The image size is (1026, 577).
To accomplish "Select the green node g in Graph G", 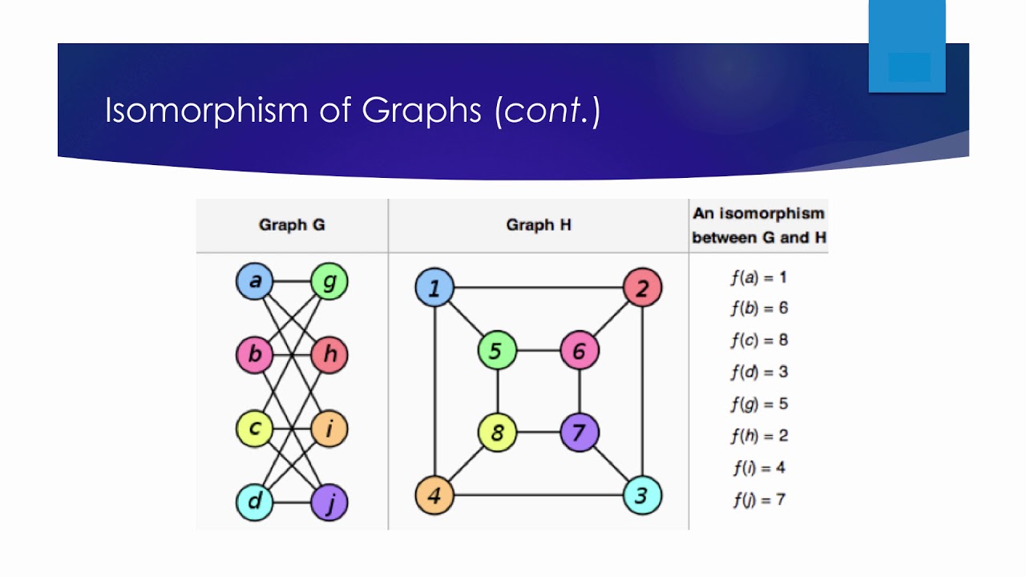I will pyautogui.click(x=329, y=282).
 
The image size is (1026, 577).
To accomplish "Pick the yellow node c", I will pyautogui.click(x=255, y=429).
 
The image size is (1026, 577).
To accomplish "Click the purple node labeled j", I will pyautogui.click(x=329, y=503).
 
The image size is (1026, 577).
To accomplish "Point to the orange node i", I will pyautogui.click(x=329, y=429).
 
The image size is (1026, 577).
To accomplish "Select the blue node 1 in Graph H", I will pyautogui.click(x=434, y=288).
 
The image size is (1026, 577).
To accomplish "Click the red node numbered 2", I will pyautogui.click(x=642, y=288).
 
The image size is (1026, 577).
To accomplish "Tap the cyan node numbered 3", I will pyautogui.click(x=642, y=495).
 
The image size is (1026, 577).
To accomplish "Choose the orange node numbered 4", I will pyautogui.click(x=434, y=495).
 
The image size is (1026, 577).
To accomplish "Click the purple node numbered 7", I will pyautogui.click(x=580, y=433).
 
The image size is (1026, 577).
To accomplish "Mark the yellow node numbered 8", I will pyautogui.click(x=497, y=433).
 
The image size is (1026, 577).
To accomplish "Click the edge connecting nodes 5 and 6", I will pyautogui.click(x=538, y=351).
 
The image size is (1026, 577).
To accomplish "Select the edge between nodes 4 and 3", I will pyautogui.click(x=538, y=495).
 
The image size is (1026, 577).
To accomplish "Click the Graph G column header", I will pyautogui.click(x=292, y=225).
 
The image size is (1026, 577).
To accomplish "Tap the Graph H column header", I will pyautogui.click(x=538, y=225).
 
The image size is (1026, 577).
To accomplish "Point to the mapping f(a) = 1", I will pyautogui.click(x=758, y=278).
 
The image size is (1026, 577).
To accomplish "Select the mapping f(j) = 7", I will pyautogui.click(x=758, y=500).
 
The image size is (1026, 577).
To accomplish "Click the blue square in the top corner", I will pyautogui.click(x=907, y=46).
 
